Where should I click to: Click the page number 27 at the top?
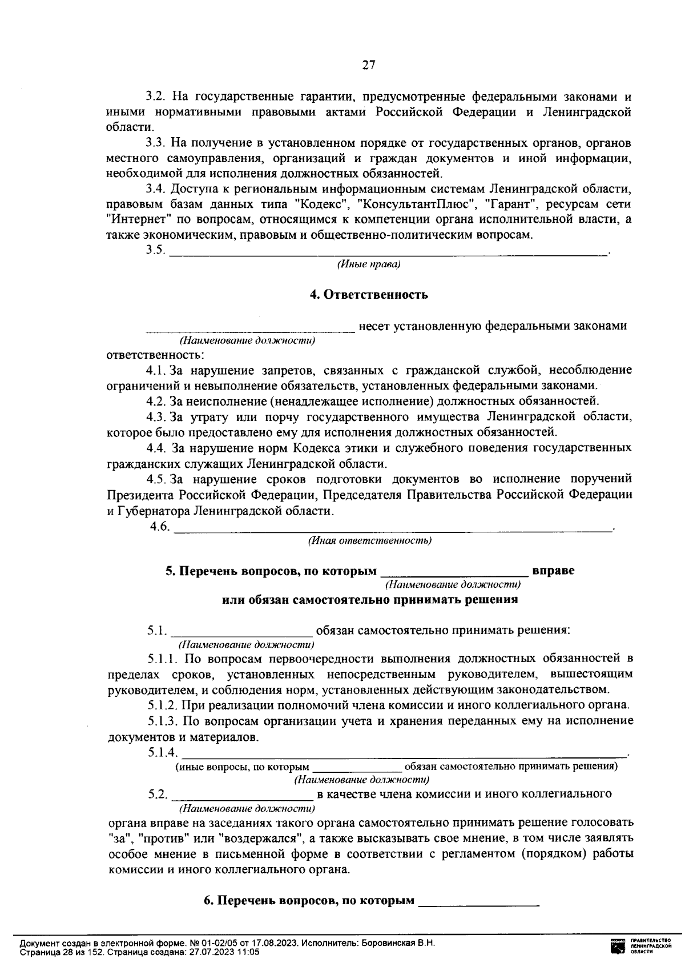point(368,65)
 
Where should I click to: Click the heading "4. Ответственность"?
point(368,295)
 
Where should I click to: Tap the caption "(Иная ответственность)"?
point(369,540)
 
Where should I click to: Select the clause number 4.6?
point(160,527)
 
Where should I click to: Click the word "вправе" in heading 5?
point(553,571)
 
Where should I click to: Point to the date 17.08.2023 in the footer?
point(276,942)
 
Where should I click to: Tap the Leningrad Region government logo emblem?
point(618,946)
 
